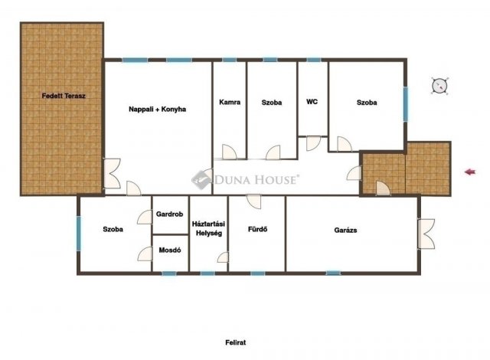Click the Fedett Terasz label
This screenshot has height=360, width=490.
coord(64,96)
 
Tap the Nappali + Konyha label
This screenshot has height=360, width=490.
coord(157,110)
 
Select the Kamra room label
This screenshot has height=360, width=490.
coord(230,102)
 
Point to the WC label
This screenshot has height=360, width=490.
coord(312,102)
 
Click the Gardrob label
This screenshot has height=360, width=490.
coord(169,214)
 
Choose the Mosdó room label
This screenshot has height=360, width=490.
coord(170,250)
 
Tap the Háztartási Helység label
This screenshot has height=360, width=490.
coord(208,228)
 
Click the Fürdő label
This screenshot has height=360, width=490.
coord(257,229)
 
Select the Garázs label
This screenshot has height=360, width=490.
coord(345,231)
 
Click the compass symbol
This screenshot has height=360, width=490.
coord(439,85)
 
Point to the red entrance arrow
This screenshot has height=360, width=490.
coord(470,172)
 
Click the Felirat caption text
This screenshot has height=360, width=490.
coord(235,342)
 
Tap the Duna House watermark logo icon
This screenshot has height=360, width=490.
coord(200,179)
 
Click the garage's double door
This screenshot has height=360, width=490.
coord(426,234)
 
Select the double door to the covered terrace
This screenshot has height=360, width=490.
coord(112,173)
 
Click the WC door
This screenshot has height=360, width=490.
coord(313,143)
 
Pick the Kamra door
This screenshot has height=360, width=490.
coord(229,152)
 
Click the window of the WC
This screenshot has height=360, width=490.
coord(313,60)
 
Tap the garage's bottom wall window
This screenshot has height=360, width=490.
coord(333,273)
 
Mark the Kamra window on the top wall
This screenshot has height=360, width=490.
coord(230,60)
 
